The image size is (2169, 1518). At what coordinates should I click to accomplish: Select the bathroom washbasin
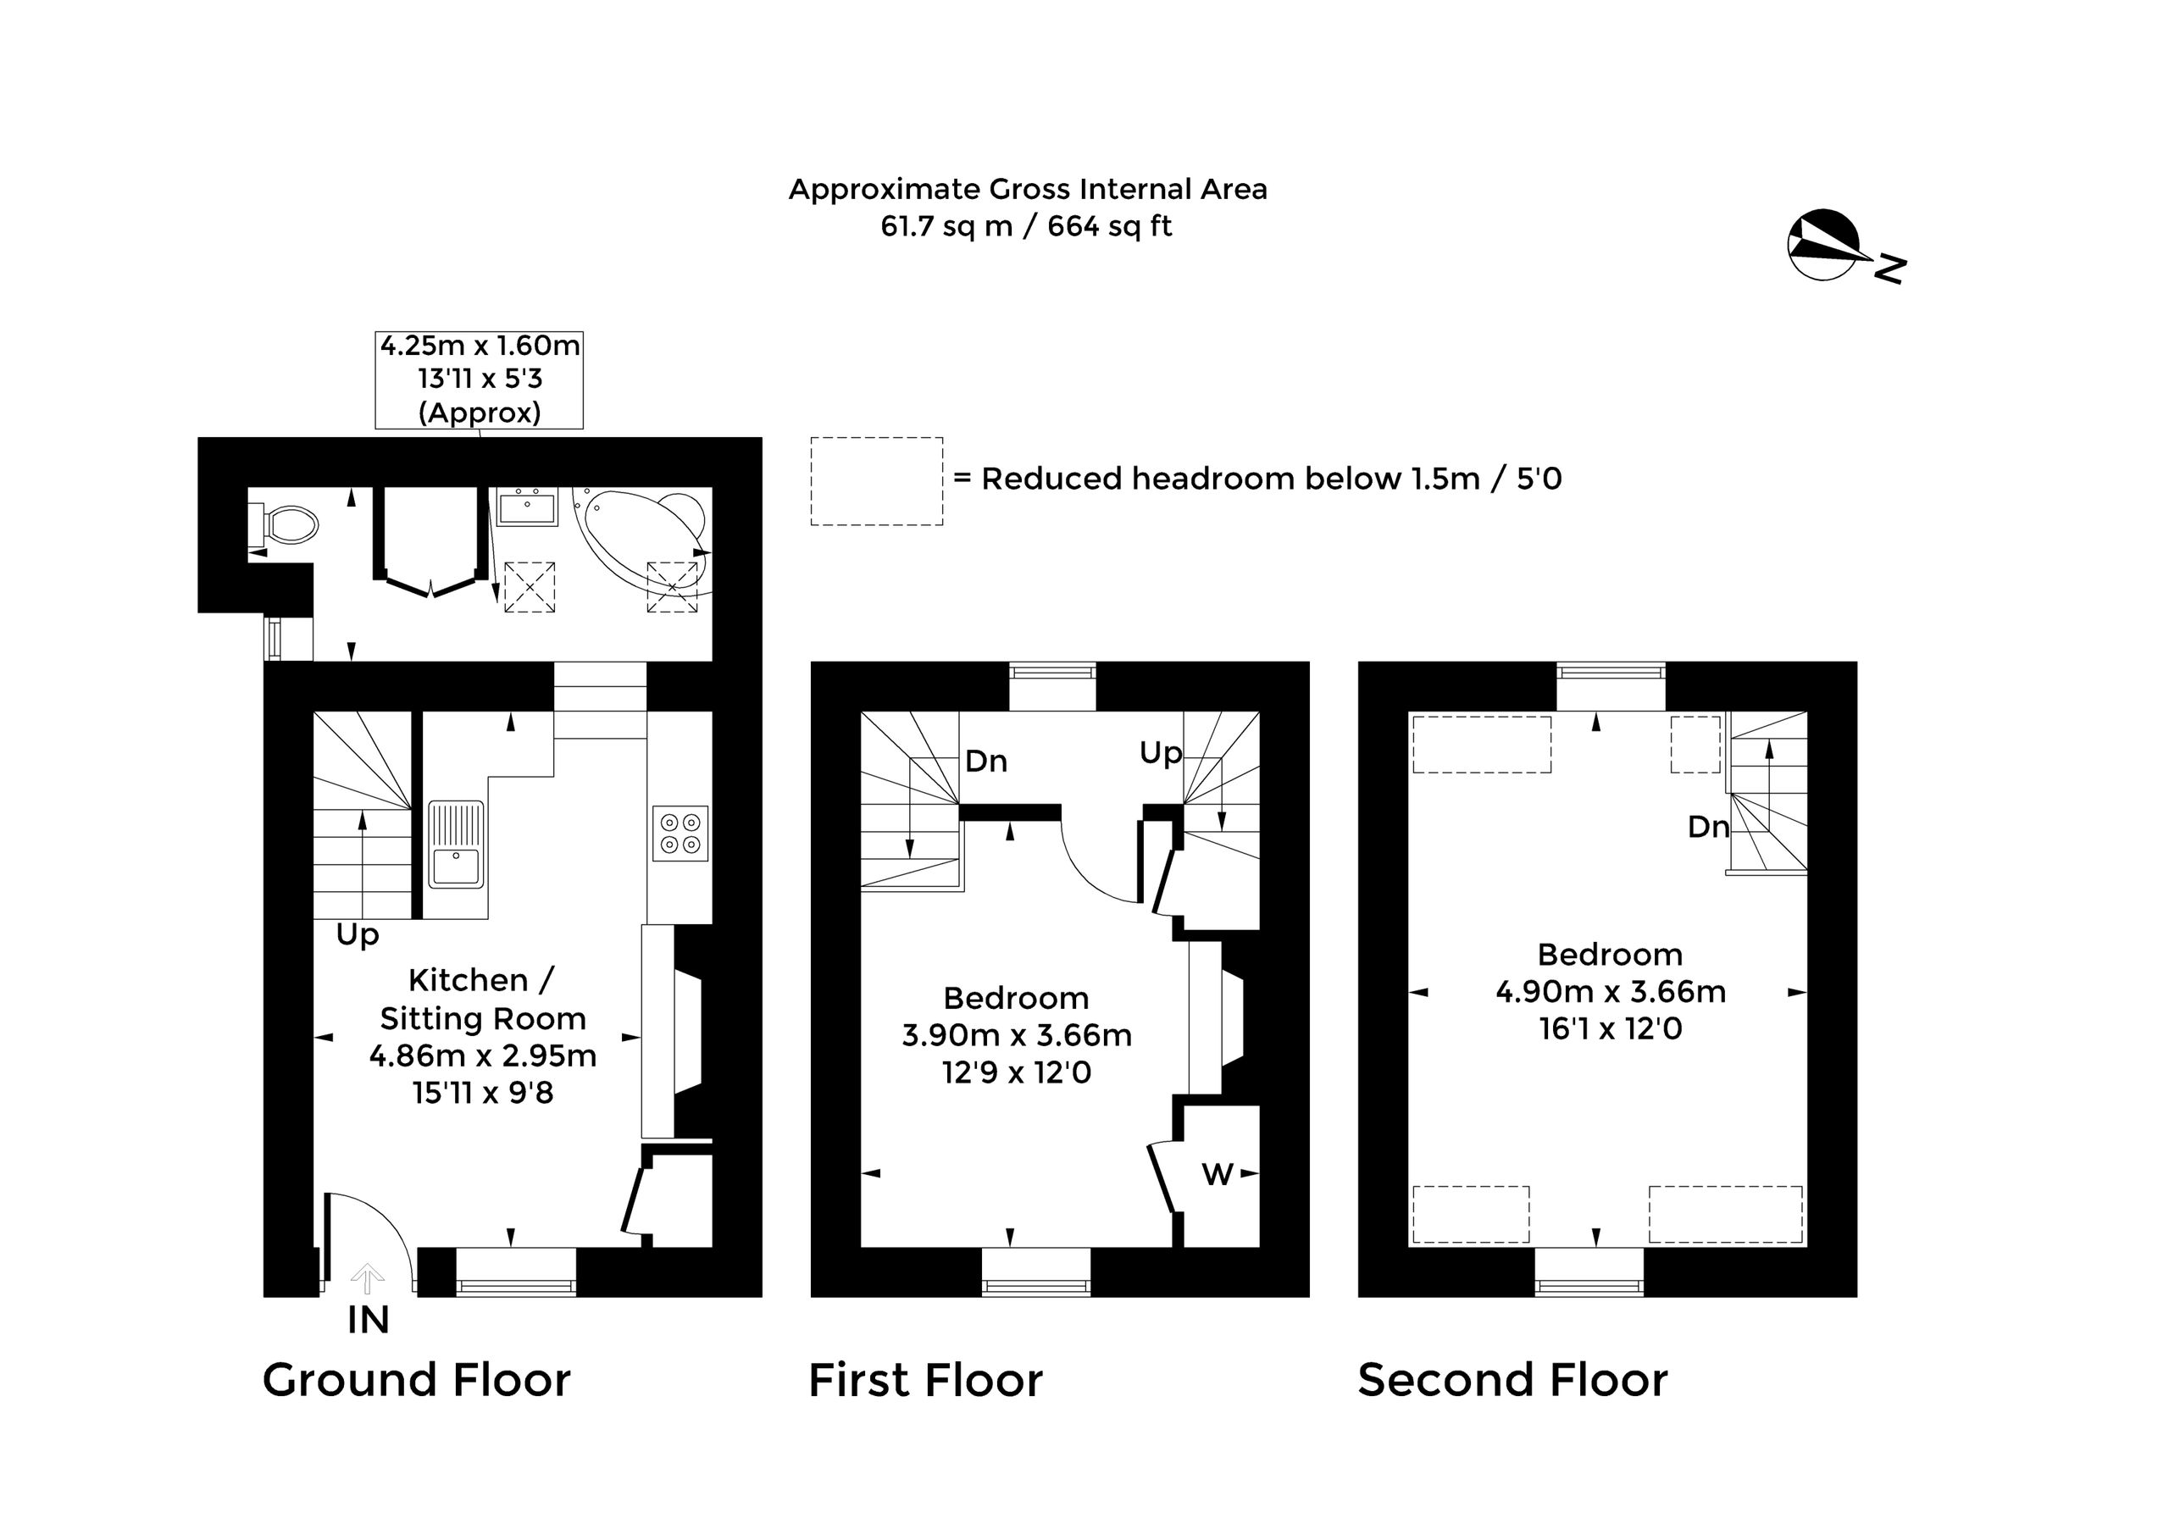coord(527,507)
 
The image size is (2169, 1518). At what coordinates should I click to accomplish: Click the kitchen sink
coord(457,845)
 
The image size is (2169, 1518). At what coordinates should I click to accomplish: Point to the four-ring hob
coord(680,834)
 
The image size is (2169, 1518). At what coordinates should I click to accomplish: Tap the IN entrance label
coord(369,1321)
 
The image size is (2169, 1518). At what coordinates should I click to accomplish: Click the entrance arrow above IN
coord(368,1279)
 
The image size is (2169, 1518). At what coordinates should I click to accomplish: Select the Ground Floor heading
coord(417,1380)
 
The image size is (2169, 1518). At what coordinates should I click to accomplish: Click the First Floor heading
coord(926,1380)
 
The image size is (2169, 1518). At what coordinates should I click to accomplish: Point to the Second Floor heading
coord(1513,1380)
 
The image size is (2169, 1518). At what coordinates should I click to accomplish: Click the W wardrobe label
coord(1217,1174)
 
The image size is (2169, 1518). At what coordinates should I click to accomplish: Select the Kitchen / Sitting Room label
coord(483,1000)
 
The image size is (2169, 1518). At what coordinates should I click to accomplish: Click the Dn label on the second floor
coord(1708,828)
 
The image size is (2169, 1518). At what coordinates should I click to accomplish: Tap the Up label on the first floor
coord(1160,753)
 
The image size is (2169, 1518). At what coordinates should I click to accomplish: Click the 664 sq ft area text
coord(1110,227)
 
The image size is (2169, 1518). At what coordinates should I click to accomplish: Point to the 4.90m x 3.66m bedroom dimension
coord(1611,992)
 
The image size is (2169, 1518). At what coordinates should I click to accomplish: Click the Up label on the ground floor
coord(357,935)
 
